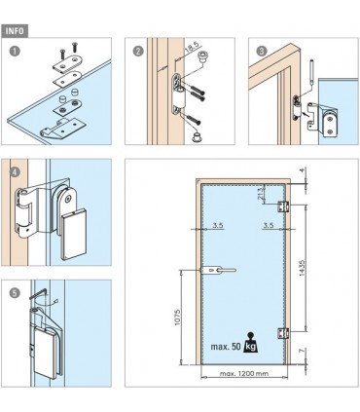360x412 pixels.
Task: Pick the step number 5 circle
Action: click(14, 292)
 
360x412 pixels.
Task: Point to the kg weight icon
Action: click(250, 345)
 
